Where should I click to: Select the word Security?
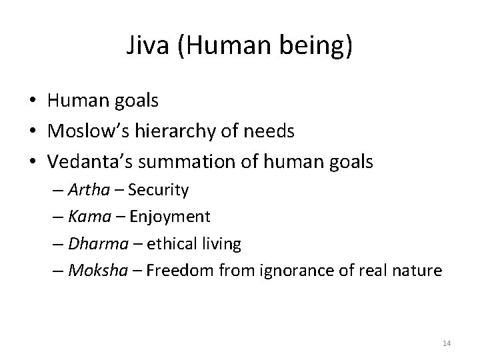(x=158, y=191)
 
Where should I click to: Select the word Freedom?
(x=176, y=271)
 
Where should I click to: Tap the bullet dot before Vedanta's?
(x=31, y=161)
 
